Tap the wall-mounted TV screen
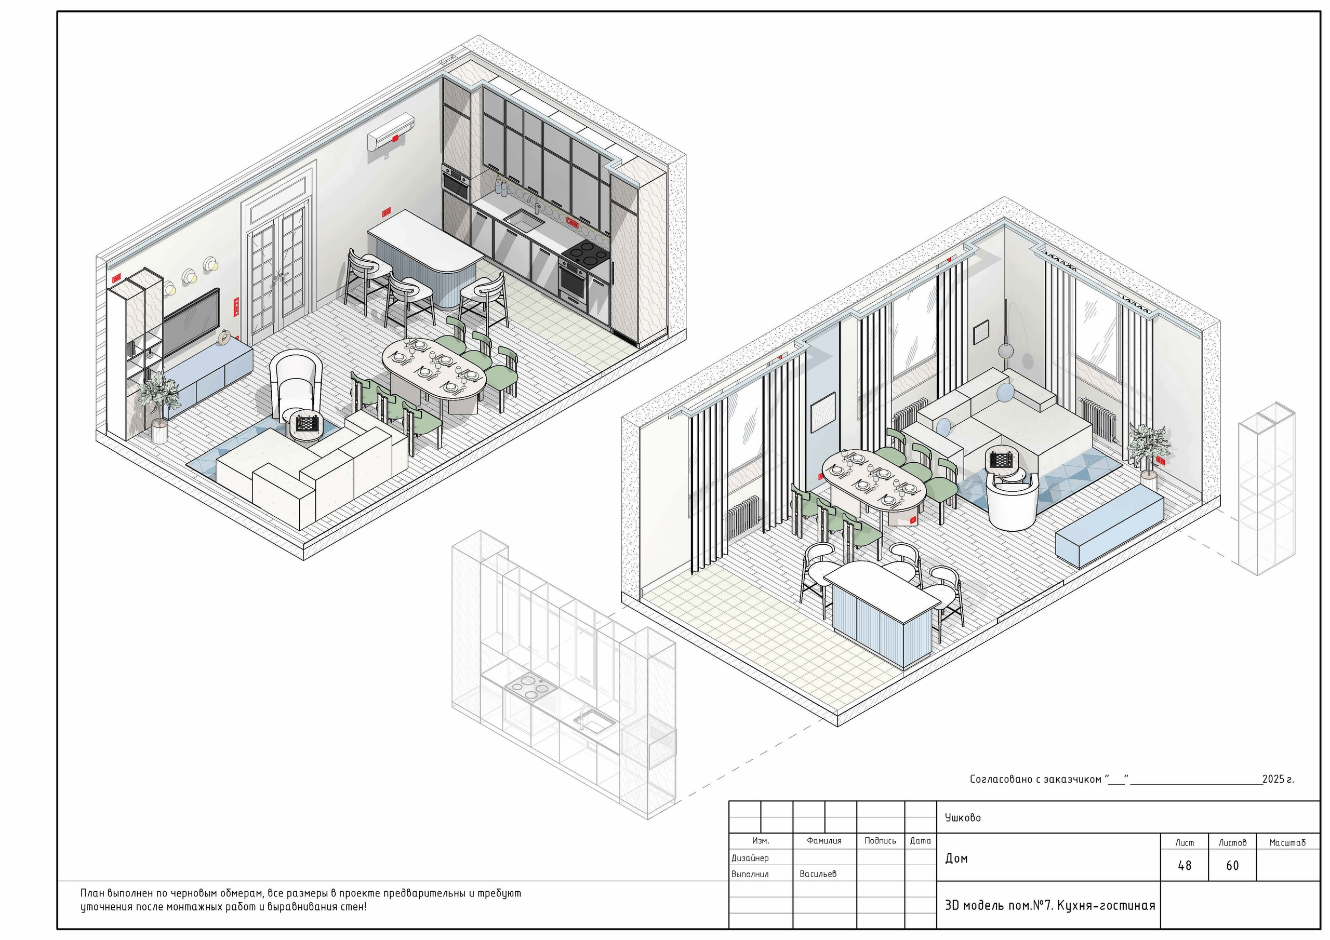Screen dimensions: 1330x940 [191, 321]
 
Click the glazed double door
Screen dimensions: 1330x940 [276, 272]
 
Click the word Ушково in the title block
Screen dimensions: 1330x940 [963, 817]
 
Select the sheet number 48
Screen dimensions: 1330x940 [1185, 865]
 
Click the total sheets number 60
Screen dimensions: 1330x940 [1232, 865]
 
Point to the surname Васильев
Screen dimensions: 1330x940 [818, 874]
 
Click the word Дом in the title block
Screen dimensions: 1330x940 [956, 858]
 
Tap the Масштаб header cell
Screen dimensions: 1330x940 [1287, 843]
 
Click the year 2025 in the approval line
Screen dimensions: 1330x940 [1274, 779]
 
